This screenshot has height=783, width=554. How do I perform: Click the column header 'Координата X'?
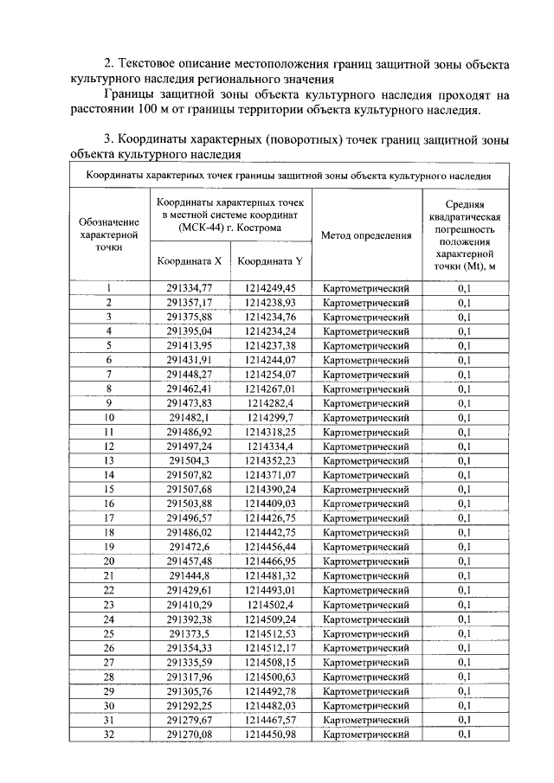click(x=190, y=260)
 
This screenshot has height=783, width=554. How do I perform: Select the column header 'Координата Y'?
click(x=270, y=260)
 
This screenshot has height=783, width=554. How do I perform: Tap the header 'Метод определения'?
click(x=365, y=234)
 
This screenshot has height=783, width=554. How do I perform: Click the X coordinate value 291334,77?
click(x=190, y=288)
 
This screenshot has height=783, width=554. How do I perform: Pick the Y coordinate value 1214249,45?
click(x=270, y=288)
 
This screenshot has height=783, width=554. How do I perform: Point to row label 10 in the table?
click(x=109, y=417)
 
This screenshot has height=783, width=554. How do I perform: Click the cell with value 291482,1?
click(x=190, y=417)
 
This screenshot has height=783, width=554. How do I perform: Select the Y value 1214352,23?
click(x=270, y=460)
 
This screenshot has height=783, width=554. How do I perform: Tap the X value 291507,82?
click(x=190, y=475)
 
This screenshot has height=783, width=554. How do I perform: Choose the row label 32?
click(x=109, y=735)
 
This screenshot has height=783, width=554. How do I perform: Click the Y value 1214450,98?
click(x=270, y=735)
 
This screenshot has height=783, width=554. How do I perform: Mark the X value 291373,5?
click(x=190, y=633)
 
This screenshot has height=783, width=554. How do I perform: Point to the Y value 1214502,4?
click(x=270, y=605)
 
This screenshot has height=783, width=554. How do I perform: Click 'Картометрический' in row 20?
click(x=365, y=562)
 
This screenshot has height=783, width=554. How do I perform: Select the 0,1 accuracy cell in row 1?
click(x=464, y=288)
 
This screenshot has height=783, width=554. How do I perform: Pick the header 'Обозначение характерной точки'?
click(x=109, y=234)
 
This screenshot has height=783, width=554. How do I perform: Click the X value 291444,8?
click(x=190, y=575)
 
